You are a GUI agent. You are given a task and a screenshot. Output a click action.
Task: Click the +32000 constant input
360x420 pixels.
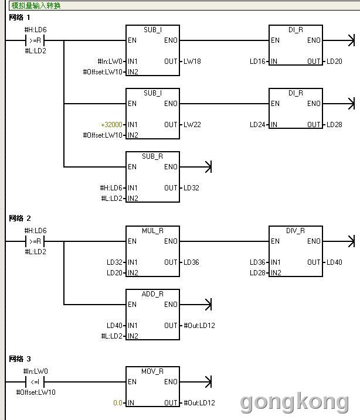(112, 125)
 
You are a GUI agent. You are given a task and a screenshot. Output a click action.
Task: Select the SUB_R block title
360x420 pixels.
(152, 156)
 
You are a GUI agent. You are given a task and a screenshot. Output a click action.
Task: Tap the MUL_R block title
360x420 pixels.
(152, 231)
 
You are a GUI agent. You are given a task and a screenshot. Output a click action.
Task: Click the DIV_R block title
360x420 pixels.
(296, 231)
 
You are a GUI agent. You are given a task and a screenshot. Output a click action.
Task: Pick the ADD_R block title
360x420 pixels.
(152, 294)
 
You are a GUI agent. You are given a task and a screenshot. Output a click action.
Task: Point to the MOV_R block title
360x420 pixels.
(152, 371)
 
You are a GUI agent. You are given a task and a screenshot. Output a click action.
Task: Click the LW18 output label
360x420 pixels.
(192, 62)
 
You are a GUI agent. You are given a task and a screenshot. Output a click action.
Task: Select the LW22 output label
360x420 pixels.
(192, 125)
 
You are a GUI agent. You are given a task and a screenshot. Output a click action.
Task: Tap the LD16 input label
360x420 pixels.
(257, 62)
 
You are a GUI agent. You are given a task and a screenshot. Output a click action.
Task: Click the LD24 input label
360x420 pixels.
(257, 125)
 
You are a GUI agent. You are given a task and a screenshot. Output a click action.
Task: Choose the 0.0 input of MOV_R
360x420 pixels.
(118, 403)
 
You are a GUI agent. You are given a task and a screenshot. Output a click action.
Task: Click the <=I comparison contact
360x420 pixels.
(35, 382)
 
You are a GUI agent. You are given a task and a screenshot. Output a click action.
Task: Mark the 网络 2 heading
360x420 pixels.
(20, 218)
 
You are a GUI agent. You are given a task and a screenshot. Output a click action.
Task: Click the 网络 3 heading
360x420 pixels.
(20, 359)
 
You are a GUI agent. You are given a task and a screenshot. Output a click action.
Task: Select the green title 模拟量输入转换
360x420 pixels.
(36, 5)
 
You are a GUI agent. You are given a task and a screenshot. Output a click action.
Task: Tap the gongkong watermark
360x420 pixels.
(294, 402)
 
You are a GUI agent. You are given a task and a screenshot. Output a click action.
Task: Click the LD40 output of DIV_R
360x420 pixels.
(334, 262)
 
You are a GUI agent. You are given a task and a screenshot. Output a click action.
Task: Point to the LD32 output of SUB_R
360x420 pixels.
(191, 188)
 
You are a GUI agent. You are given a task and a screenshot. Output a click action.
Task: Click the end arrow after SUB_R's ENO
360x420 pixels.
(208, 167)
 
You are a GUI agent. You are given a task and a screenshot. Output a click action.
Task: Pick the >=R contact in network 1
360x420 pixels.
(35, 40)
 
